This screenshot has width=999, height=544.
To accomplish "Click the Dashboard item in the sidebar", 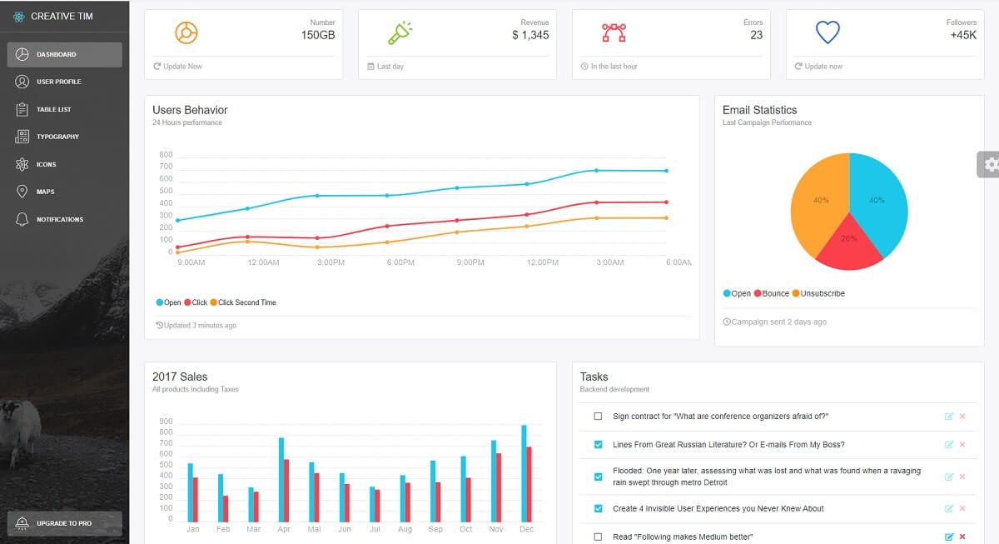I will [x=64, y=55].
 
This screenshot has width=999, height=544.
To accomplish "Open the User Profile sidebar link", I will [x=58, y=82].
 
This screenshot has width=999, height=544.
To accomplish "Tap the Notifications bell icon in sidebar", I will [x=22, y=219].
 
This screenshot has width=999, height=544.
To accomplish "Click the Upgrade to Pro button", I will [x=64, y=523].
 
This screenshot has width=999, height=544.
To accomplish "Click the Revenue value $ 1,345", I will [x=530, y=35].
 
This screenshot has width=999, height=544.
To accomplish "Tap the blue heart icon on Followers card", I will [x=827, y=33].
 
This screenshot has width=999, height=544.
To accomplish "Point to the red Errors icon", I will [x=614, y=32].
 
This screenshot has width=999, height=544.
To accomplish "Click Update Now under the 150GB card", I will [x=182, y=67].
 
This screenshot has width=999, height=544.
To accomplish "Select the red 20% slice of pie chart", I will [x=847, y=241].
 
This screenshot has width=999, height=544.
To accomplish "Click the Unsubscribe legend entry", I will [x=823, y=293].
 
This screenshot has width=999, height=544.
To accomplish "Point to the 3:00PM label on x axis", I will [x=331, y=262].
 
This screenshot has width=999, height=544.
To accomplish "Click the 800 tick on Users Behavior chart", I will [x=165, y=155].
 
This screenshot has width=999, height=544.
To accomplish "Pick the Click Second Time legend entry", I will [x=246, y=302].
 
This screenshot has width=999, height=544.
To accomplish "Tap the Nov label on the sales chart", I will [x=496, y=529].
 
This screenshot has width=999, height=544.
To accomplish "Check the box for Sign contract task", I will [x=598, y=417].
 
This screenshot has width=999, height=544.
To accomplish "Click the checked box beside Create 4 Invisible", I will [x=598, y=508].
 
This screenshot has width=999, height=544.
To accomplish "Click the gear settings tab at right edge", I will [x=989, y=165].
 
